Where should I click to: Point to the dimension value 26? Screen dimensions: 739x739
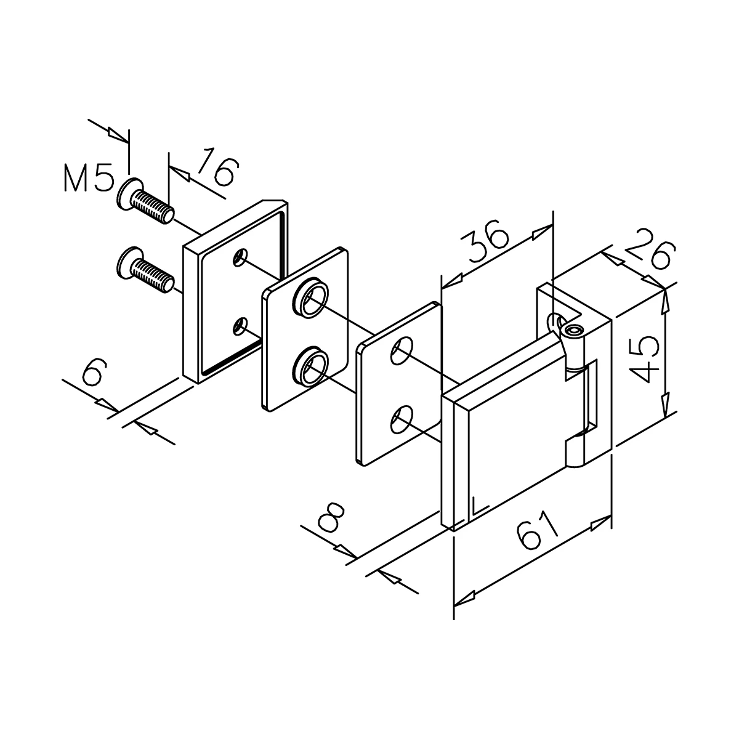[650, 248]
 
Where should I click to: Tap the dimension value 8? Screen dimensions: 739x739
[331, 518]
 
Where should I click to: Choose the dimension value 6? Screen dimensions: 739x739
[93, 373]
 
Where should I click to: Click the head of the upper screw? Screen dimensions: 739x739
[129, 194]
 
